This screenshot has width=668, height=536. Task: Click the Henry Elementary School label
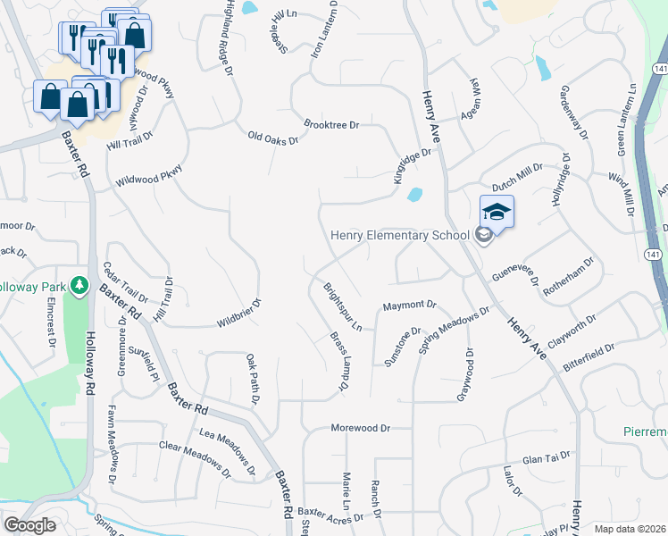(x=399, y=235)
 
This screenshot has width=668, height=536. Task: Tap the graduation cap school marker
(x=497, y=212)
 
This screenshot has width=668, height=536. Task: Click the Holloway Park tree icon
(x=80, y=284)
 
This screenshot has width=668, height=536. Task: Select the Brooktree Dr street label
(x=330, y=125)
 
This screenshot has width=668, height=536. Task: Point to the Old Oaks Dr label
(x=272, y=138)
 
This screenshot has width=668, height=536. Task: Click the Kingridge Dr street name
(x=412, y=166)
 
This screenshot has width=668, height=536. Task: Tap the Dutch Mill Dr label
(x=517, y=180)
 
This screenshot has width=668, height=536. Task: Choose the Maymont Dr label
(x=409, y=306)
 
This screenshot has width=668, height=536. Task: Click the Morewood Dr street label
(x=362, y=428)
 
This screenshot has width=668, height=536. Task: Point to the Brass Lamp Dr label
(x=338, y=363)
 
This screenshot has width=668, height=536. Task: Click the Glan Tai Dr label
(x=546, y=456)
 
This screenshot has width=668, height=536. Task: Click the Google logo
(x=29, y=525)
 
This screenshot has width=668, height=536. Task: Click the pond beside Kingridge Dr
(x=413, y=194)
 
